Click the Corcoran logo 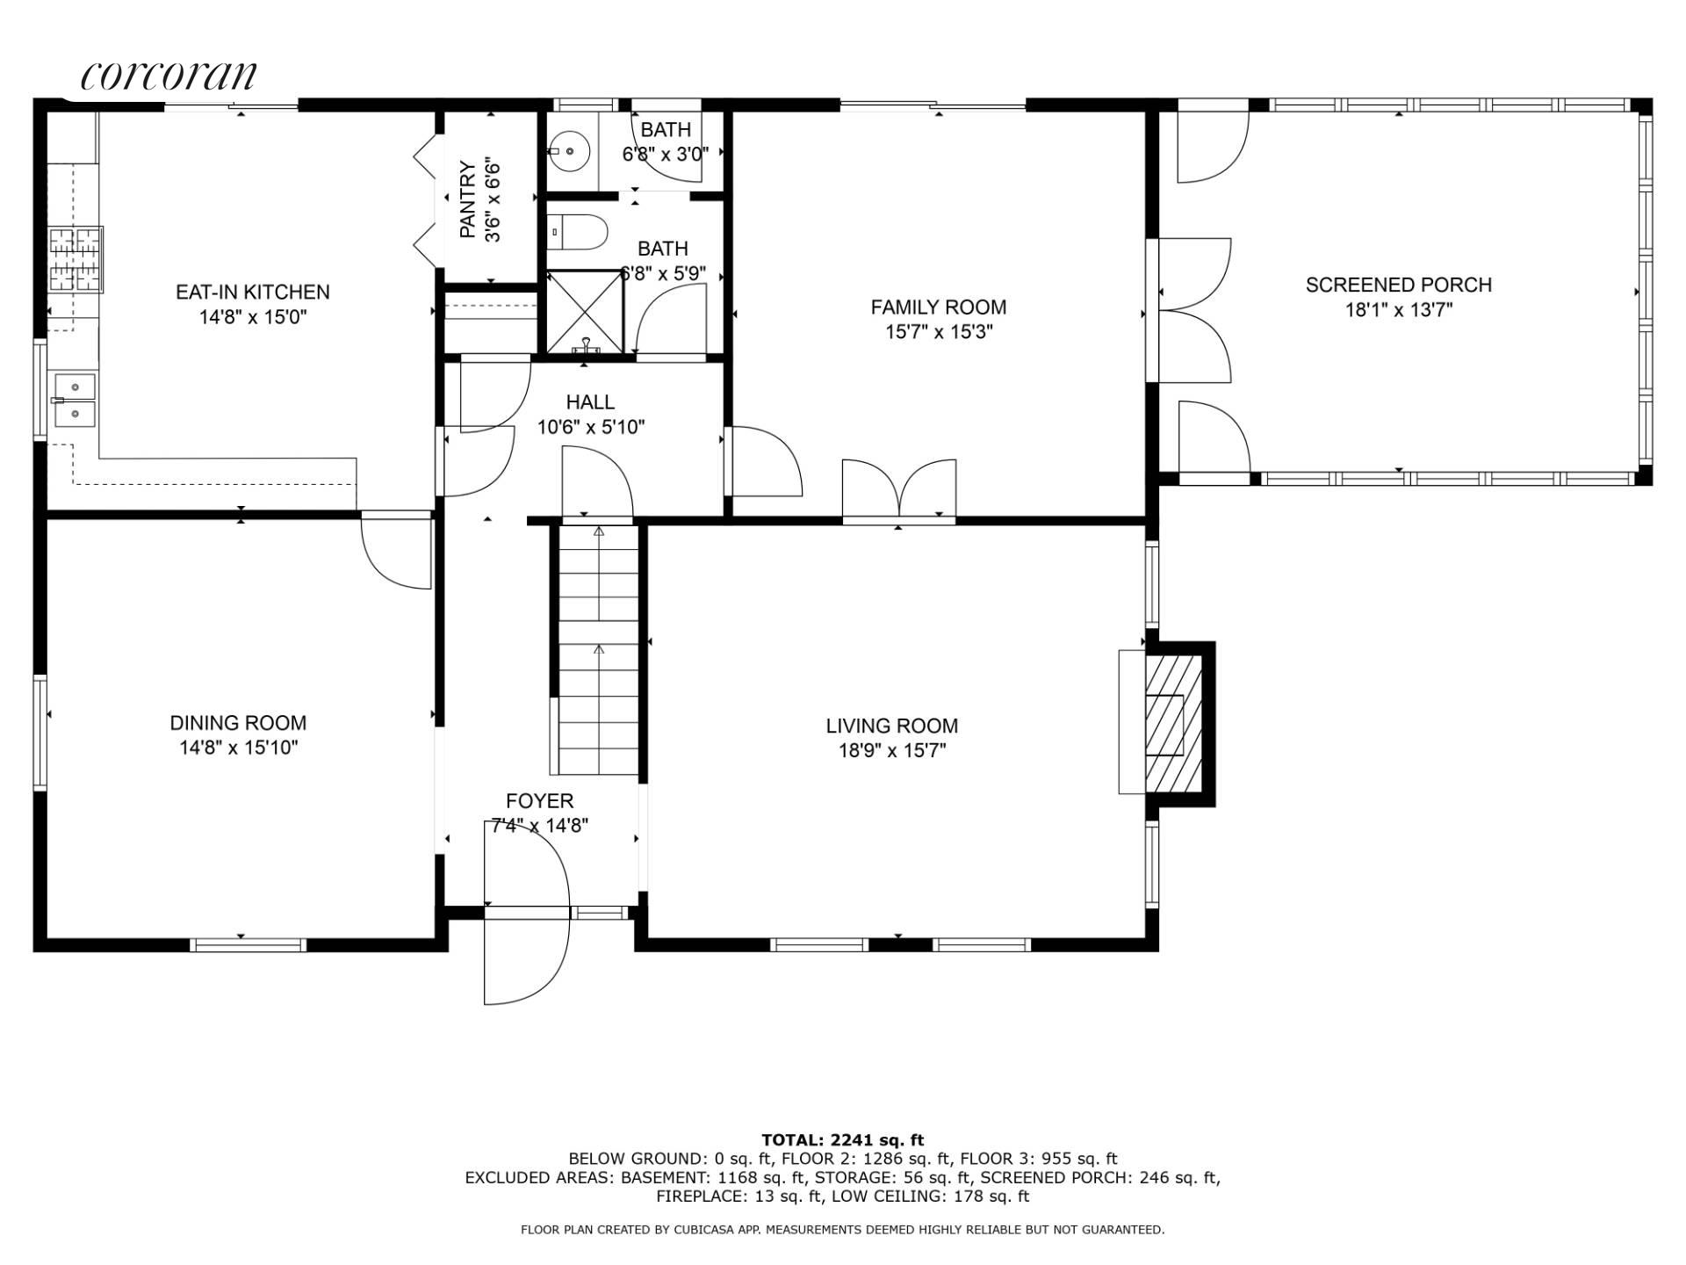pyautogui.click(x=169, y=76)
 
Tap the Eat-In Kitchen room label pyautogui.click(x=253, y=292)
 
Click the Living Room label pyautogui.click(x=891, y=726)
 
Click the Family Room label pyautogui.click(x=938, y=307)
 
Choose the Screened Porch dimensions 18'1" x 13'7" pyautogui.click(x=1399, y=310)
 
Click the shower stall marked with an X pyautogui.click(x=585, y=312)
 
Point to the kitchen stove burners pyautogui.click(x=76, y=259)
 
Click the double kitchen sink pyautogui.click(x=74, y=400)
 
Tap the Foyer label pyautogui.click(x=539, y=801)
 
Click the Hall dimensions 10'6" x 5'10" pyautogui.click(x=591, y=428)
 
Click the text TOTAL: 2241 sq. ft pyautogui.click(x=842, y=1140)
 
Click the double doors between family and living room pyautogui.click(x=899, y=488)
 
